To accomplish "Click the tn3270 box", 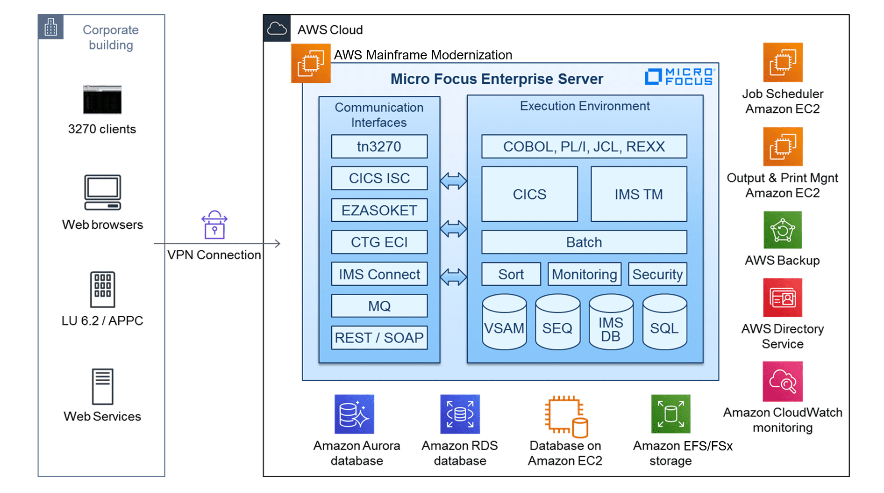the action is (379, 146).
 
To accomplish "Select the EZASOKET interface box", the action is (379, 210).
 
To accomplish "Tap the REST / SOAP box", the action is (379, 338).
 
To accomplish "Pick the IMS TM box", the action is (639, 194).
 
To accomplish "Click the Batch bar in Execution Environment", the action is (584, 242).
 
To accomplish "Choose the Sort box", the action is (511, 274).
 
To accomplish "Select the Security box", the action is (657, 274).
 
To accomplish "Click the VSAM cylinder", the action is (504, 322).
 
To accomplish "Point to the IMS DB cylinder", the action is (611, 322).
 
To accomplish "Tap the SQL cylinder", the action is (664, 322).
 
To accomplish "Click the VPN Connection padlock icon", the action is (214, 225).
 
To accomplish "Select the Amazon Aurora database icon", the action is (354, 414).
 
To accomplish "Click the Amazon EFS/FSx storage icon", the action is (670, 414).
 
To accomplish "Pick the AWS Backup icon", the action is (783, 230).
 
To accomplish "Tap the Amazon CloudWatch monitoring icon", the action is (783, 381).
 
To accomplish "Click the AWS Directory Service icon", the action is (783, 297).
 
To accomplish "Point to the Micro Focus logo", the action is (680, 77).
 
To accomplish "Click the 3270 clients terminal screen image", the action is (102, 100).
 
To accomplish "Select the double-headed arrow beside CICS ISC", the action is (453, 181).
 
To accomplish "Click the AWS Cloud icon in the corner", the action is (277, 29).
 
